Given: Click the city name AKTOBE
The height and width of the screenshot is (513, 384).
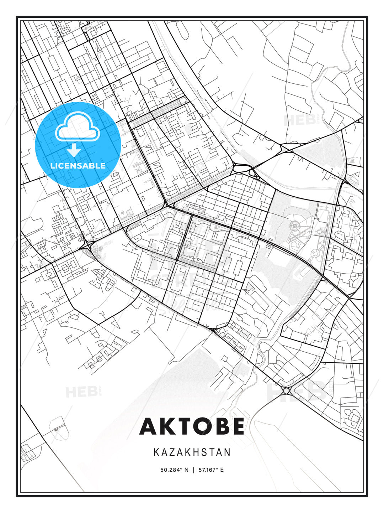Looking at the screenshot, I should [x=192, y=426].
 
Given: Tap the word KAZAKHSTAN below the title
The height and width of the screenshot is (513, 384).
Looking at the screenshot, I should [x=192, y=452].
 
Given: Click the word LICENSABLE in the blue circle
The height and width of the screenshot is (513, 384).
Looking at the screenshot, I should [x=78, y=166].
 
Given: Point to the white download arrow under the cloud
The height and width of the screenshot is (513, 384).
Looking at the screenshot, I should [x=74, y=150].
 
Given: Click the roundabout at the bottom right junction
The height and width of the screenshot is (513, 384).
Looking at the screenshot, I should [x=287, y=391].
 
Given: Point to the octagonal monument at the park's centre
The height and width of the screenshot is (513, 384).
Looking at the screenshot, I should [x=295, y=225].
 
